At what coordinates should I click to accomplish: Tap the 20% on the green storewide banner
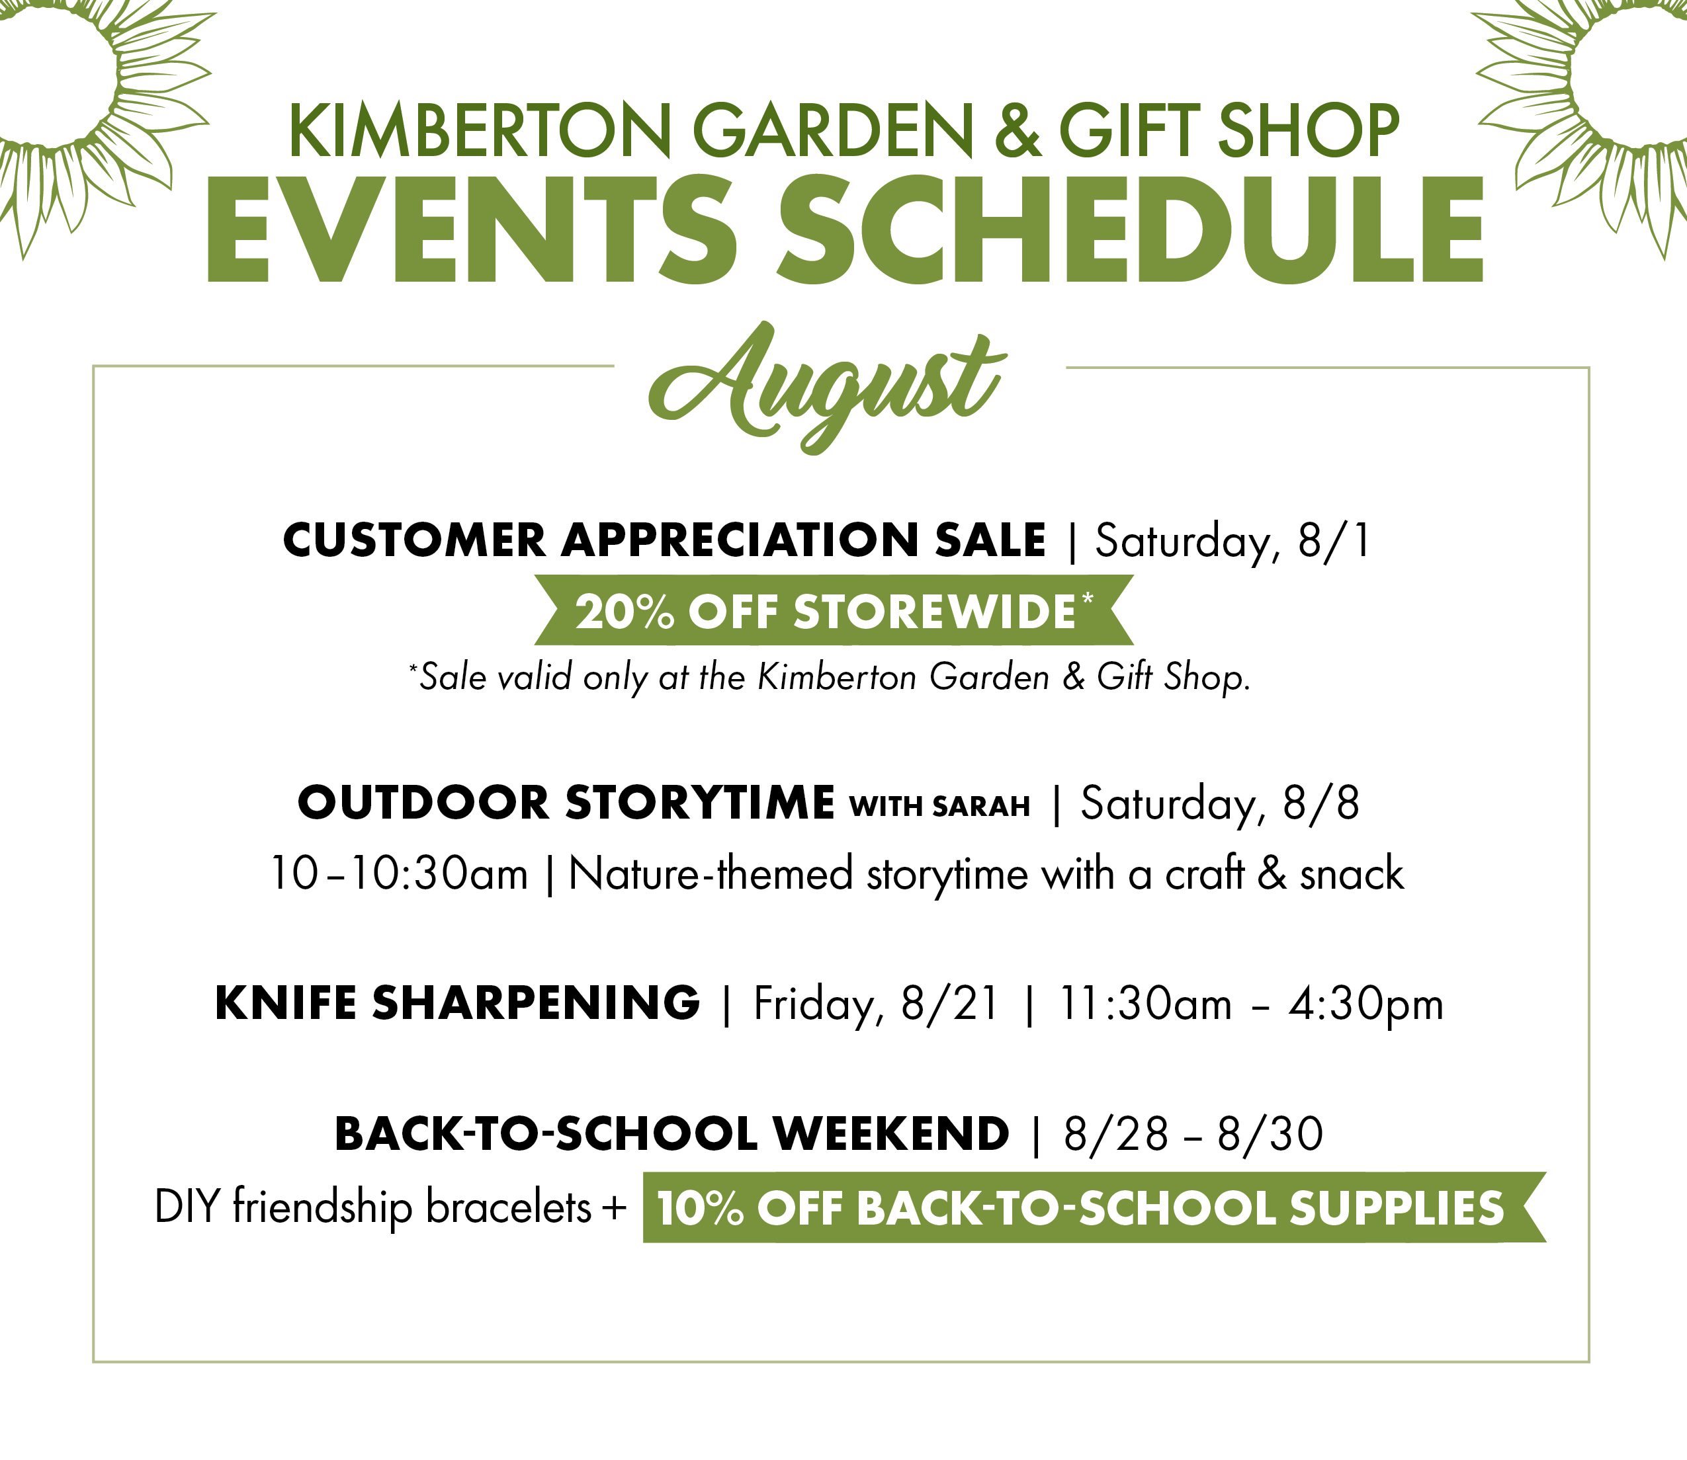click(625, 612)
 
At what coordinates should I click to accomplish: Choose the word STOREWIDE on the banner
click(935, 612)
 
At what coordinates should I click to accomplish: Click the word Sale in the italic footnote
click(453, 677)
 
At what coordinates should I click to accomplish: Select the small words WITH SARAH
click(939, 806)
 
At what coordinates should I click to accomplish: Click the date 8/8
click(1321, 803)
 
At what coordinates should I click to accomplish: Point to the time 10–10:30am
click(398, 874)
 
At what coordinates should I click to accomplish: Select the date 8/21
click(949, 1003)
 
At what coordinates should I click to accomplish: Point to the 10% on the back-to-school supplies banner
click(700, 1208)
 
